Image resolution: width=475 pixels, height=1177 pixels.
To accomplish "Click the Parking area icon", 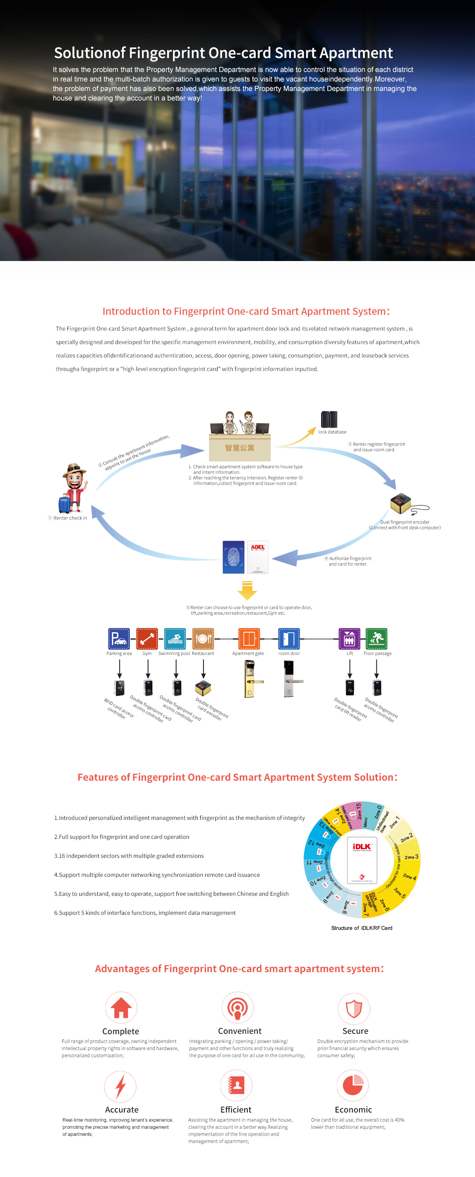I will pyautogui.click(x=119, y=638).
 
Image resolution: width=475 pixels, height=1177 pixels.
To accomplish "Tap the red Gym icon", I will pyautogui.click(x=147, y=638).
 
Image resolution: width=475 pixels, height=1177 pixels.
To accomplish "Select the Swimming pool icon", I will pyautogui.click(x=175, y=638).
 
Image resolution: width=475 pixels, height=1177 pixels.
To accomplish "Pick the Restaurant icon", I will pyautogui.click(x=203, y=638).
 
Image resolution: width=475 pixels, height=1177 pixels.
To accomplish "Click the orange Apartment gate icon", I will pyautogui.click(x=249, y=638).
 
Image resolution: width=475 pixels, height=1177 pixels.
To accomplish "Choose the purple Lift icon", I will pyautogui.click(x=349, y=638).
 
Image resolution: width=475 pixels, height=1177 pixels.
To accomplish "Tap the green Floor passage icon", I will pyautogui.click(x=376, y=638).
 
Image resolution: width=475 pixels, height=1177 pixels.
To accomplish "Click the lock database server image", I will pyautogui.click(x=329, y=419).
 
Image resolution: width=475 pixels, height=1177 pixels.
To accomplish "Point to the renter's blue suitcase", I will pyautogui.click(x=65, y=504).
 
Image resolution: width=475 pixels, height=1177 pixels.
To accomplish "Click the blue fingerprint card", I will pyautogui.click(x=234, y=557).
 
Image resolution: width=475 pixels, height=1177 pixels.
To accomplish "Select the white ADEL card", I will pyautogui.click(x=258, y=557).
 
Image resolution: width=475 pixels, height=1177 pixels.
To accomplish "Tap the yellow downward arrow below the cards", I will pyautogui.click(x=247, y=590).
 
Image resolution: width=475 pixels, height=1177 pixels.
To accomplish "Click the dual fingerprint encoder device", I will pyautogui.click(x=401, y=503).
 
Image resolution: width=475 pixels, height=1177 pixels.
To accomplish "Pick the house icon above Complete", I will pyautogui.click(x=121, y=1007).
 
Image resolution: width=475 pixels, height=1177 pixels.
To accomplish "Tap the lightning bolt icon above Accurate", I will pyautogui.click(x=120, y=1086).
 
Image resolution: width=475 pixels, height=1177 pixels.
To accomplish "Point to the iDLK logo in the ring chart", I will pyautogui.click(x=362, y=847).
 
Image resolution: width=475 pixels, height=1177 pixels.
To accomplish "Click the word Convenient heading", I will pyautogui.click(x=239, y=1031).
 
